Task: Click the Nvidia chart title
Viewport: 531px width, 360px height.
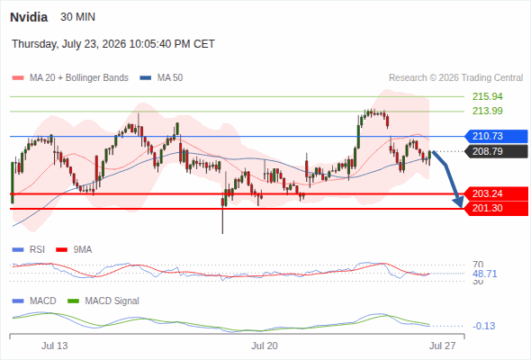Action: [x=29, y=17]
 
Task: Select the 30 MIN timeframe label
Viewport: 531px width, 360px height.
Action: [x=78, y=17]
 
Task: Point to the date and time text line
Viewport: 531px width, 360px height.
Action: [x=113, y=44]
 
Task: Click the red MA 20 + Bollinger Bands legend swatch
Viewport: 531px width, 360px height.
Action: [x=18, y=78]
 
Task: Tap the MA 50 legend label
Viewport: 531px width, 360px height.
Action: [x=170, y=78]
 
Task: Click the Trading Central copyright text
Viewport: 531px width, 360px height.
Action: [x=455, y=78]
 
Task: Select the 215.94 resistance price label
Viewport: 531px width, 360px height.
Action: [x=488, y=96]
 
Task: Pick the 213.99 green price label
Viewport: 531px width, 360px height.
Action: [x=488, y=111]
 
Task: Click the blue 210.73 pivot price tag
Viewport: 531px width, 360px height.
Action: [x=496, y=136]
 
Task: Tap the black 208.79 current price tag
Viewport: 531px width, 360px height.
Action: [x=496, y=151]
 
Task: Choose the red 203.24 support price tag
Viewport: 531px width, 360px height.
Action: [x=496, y=193]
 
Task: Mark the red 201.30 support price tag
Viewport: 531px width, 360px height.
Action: [x=496, y=208]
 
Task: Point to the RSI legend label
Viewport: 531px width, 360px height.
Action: [x=37, y=249]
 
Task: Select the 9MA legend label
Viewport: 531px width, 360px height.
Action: [x=83, y=249]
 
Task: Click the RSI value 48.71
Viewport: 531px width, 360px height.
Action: [x=485, y=274]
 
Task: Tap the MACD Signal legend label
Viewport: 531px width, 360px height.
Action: [x=112, y=301]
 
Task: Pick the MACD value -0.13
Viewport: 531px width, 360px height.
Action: [x=484, y=326]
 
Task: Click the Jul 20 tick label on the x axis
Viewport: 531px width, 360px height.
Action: [x=265, y=346]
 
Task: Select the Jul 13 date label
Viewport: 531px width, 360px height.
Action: [x=55, y=346]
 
